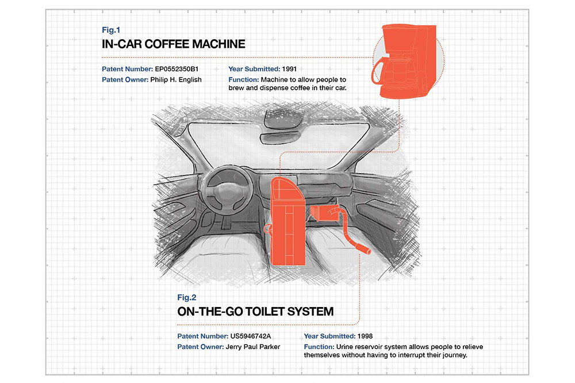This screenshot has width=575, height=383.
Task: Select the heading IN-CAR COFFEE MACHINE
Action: (174, 44)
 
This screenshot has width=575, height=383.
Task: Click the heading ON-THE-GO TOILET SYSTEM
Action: (255, 312)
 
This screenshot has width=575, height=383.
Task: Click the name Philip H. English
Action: (176, 79)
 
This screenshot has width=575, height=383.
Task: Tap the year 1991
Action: (290, 69)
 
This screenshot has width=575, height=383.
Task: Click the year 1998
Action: (366, 336)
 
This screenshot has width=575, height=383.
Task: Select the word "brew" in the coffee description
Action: (237, 89)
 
